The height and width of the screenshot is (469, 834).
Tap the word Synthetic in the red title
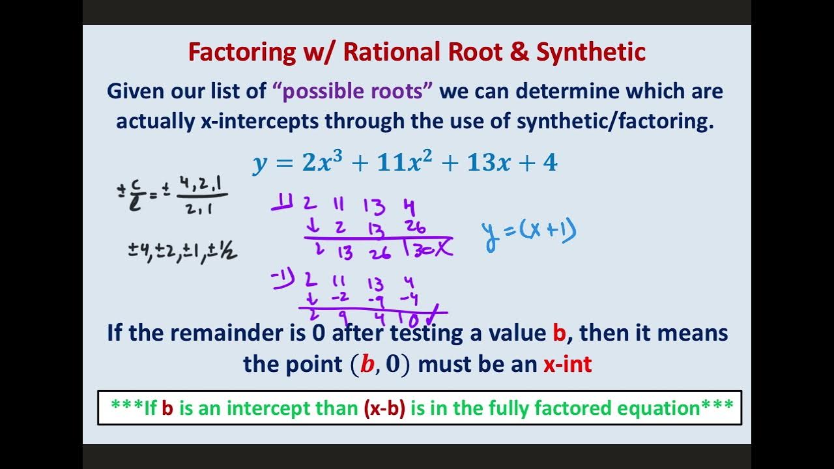pos(590,52)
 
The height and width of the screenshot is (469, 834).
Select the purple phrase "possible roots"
pos(352,91)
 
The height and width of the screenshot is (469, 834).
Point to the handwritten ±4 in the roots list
pos(139,251)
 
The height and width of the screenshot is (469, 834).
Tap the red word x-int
pos(568,364)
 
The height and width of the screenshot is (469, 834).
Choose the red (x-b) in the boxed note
pos(384,408)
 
